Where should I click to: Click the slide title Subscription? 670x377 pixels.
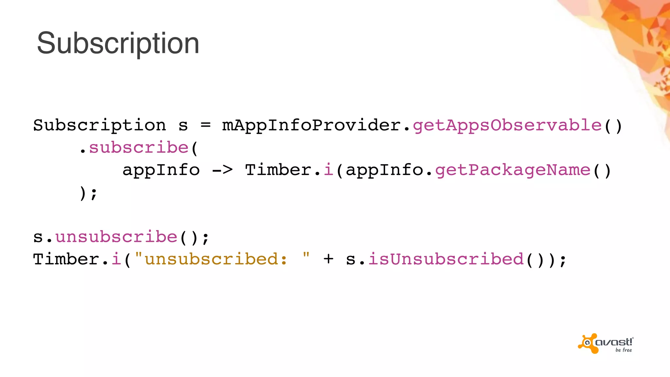(x=118, y=44)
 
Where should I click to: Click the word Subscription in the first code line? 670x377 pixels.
(x=99, y=125)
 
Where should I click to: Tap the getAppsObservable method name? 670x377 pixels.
(x=507, y=125)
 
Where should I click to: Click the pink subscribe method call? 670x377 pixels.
(x=139, y=148)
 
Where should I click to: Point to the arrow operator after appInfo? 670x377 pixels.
(x=222, y=170)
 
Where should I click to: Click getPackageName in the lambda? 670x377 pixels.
(x=513, y=170)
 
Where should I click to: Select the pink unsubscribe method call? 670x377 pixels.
(x=116, y=237)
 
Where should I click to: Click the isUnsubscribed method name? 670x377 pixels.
(x=446, y=259)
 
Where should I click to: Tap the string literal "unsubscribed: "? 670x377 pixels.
(x=221, y=259)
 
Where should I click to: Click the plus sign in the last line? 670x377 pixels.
(x=328, y=259)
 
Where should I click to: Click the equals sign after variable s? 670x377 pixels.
(x=205, y=125)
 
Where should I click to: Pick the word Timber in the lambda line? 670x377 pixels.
(x=278, y=170)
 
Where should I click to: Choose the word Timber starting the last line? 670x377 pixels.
(x=66, y=259)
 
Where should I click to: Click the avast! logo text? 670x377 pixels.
(x=614, y=342)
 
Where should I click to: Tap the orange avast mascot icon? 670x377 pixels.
(x=588, y=343)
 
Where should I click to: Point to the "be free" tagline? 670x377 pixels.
(x=624, y=350)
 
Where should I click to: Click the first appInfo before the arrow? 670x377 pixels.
(x=161, y=170)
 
